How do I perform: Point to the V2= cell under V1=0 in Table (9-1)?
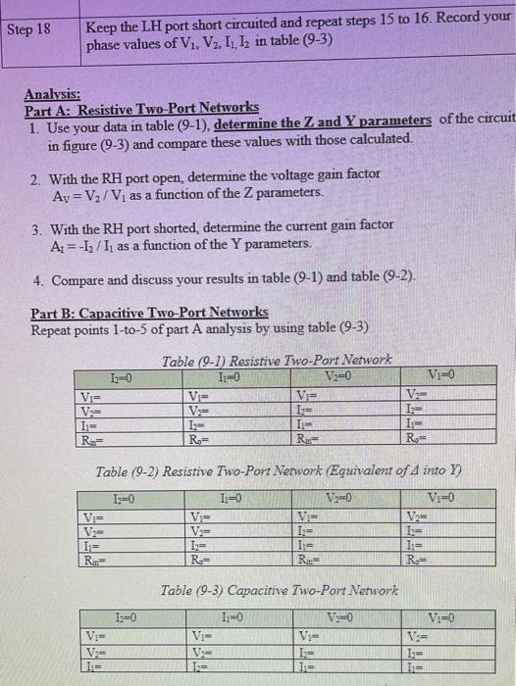(415, 397)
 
